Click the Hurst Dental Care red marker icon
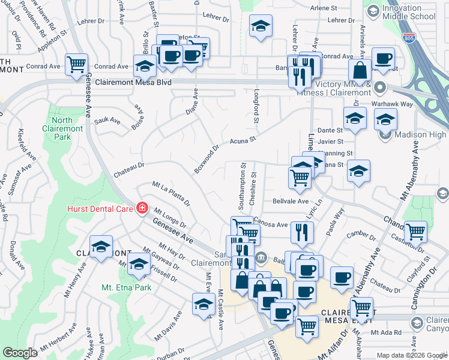(142, 208)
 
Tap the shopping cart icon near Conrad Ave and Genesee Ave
(77, 64)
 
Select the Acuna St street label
(243, 141)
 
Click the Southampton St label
(242, 187)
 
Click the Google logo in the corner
(20, 352)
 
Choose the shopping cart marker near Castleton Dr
(415, 230)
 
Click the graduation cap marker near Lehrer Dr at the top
(261, 26)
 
